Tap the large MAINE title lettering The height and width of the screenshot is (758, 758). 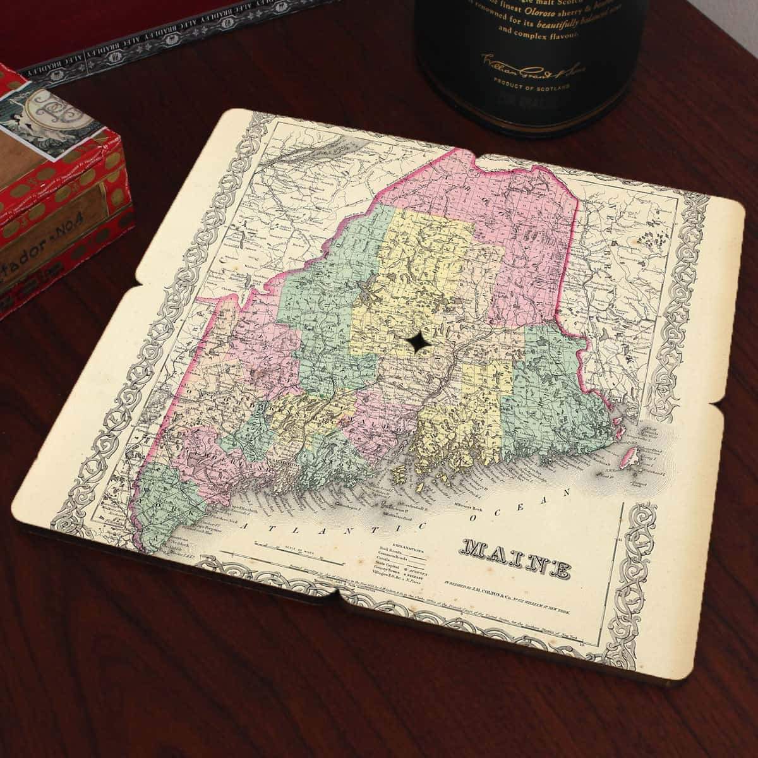517,557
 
